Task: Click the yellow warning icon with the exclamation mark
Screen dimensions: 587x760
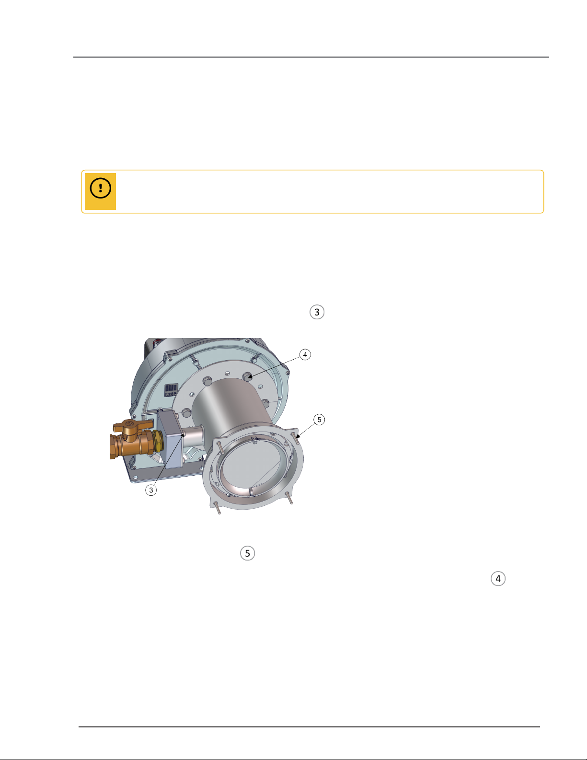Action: tap(100, 191)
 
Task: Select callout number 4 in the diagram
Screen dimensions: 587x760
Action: tap(305, 355)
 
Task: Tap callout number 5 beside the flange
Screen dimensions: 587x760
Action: tap(319, 420)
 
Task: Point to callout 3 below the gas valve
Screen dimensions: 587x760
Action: tap(151, 490)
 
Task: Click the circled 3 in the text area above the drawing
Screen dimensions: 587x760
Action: tap(317, 312)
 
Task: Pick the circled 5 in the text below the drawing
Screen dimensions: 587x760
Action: tap(247, 553)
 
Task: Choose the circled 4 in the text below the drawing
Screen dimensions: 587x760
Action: tap(498, 579)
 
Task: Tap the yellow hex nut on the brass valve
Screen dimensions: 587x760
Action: tap(158, 443)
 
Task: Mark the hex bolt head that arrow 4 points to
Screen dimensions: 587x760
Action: tap(247, 377)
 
